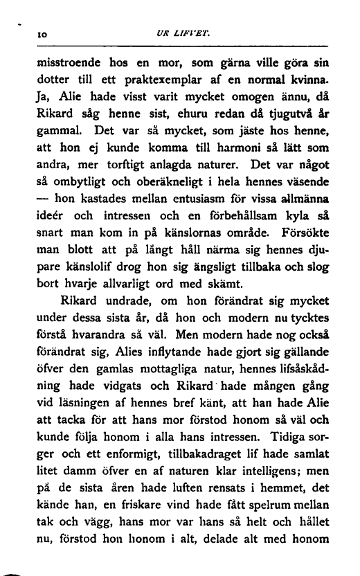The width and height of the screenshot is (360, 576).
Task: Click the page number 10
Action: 42,33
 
